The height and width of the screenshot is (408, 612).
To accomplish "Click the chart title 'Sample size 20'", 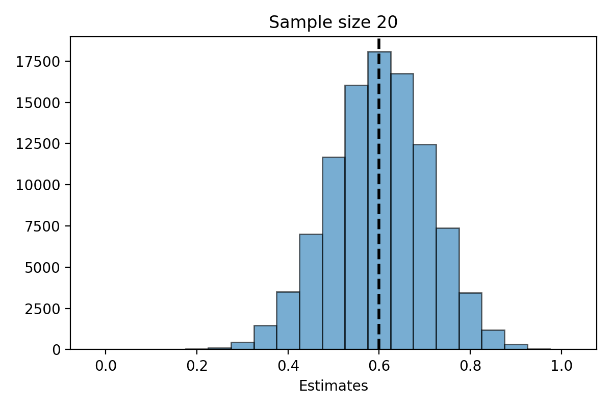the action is click(333, 22).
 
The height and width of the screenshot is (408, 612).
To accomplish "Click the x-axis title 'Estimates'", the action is click(334, 386).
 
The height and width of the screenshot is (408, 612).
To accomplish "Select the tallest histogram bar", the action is click(379, 200).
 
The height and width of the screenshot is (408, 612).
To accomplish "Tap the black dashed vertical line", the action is click(379, 194).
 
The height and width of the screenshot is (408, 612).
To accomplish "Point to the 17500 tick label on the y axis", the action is click(38, 62).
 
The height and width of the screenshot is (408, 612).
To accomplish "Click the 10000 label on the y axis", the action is click(38, 186).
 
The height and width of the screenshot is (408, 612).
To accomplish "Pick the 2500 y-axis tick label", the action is click(42, 310).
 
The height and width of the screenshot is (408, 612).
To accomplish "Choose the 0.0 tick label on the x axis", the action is click(106, 366).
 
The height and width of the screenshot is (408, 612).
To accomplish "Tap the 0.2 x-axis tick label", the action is click(197, 366).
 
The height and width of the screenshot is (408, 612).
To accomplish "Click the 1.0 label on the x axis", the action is click(562, 366).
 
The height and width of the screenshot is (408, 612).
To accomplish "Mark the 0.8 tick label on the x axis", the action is click(470, 366).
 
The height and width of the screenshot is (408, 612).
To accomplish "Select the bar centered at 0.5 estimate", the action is click(334, 253).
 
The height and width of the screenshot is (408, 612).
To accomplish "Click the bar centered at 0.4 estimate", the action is click(288, 321).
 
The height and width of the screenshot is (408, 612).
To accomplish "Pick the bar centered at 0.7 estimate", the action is click(425, 247).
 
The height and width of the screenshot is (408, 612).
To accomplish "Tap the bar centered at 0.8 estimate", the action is click(470, 321).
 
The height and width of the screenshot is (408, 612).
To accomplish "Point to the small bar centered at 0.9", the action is click(516, 347).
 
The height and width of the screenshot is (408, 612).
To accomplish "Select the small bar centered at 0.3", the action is click(243, 346).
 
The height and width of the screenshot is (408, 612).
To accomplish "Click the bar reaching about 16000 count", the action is click(356, 217).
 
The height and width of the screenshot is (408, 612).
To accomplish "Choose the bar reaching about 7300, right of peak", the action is click(448, 289).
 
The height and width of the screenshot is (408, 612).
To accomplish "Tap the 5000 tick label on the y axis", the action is click(42, 268).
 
